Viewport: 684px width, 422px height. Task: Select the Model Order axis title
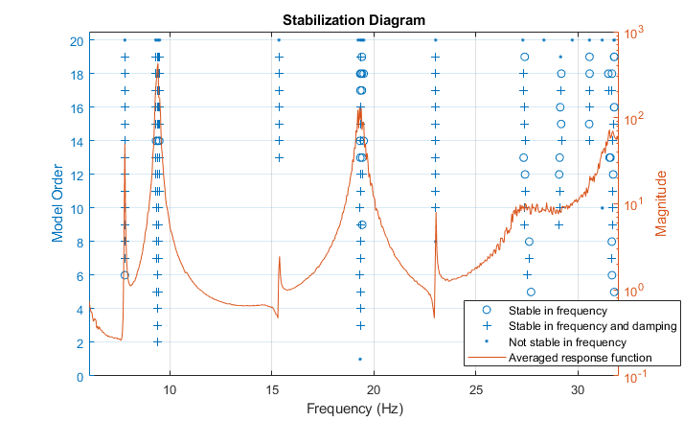58,208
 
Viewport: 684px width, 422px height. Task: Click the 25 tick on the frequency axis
476,389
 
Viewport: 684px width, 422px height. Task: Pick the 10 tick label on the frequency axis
170,389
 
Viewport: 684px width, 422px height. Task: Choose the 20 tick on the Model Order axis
76,40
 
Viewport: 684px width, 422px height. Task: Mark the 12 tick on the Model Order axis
76,175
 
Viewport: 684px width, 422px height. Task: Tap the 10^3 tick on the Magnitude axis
636,32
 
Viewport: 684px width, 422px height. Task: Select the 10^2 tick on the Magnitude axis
636,119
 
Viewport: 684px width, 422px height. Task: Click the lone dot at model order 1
359,359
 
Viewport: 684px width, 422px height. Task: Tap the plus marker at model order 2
157,342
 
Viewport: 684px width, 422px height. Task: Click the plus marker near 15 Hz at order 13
279,157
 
